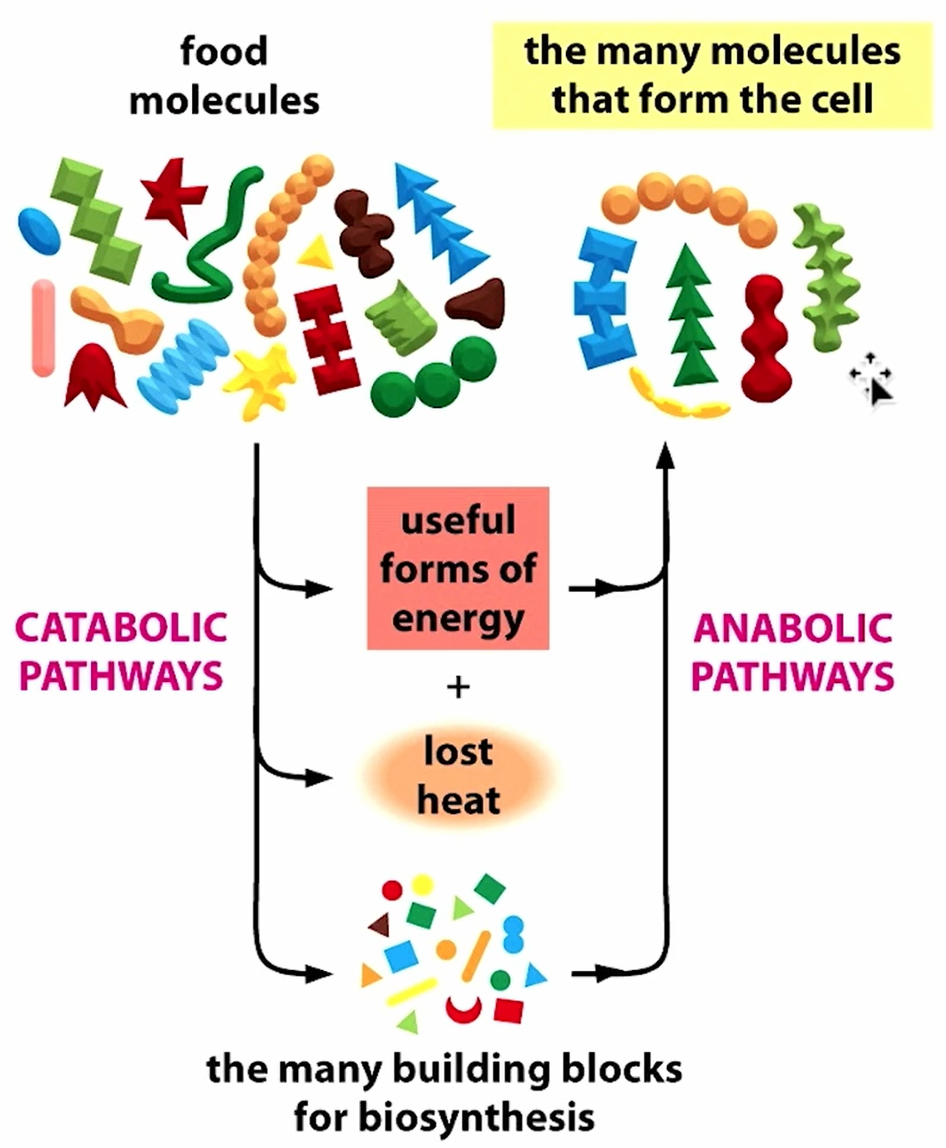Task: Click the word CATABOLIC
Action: click(121, 628)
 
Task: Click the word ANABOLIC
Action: click(792, 628)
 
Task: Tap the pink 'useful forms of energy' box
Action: click(458, 569)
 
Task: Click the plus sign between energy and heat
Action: click(458, 687)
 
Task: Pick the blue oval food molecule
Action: click(39, 229)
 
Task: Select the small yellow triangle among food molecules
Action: click(316, 253)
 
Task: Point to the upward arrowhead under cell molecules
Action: click(665, 455)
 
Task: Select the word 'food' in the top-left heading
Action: click(224, 52)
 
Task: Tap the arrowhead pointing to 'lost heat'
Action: click(318, 777)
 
